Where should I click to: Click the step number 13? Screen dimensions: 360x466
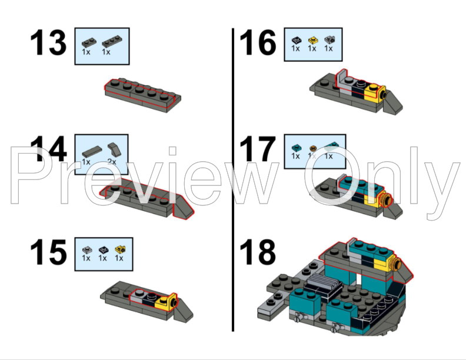point(49,44)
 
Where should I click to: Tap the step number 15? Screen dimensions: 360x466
point(49,252)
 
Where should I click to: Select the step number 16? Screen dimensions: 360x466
point(258,44)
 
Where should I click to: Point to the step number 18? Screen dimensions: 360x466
point(258,252)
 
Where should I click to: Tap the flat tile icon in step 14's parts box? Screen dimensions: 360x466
point(92,149)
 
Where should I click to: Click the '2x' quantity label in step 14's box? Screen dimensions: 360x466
point(112,161)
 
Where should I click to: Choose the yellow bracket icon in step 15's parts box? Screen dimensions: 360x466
point(120,249)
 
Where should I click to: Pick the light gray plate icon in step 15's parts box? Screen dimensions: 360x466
point(86,249)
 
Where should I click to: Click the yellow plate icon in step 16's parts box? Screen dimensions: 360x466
point(312,39)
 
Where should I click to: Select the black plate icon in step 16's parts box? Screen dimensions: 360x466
point(295,39)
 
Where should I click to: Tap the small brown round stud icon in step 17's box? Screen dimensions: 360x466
point(313,147)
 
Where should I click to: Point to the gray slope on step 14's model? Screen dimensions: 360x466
point(185,209)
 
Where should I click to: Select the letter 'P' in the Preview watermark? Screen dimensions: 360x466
point(29,176)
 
